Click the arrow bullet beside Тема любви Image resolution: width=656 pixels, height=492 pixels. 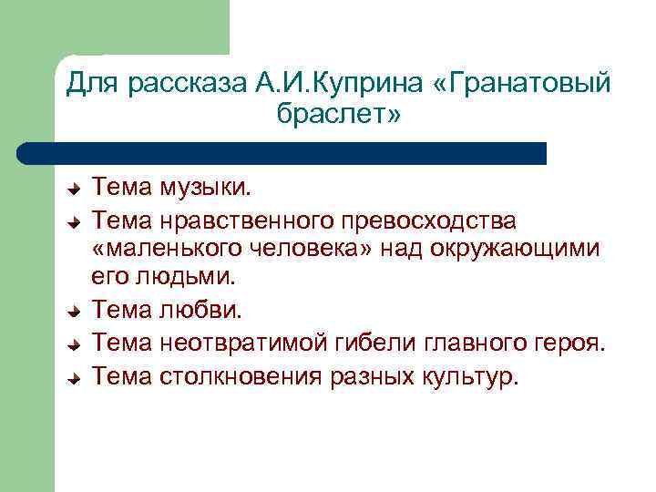point(77,312)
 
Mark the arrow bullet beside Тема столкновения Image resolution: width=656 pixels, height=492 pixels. point(77,375)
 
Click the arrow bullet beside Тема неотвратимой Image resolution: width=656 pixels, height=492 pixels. point(77,343)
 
